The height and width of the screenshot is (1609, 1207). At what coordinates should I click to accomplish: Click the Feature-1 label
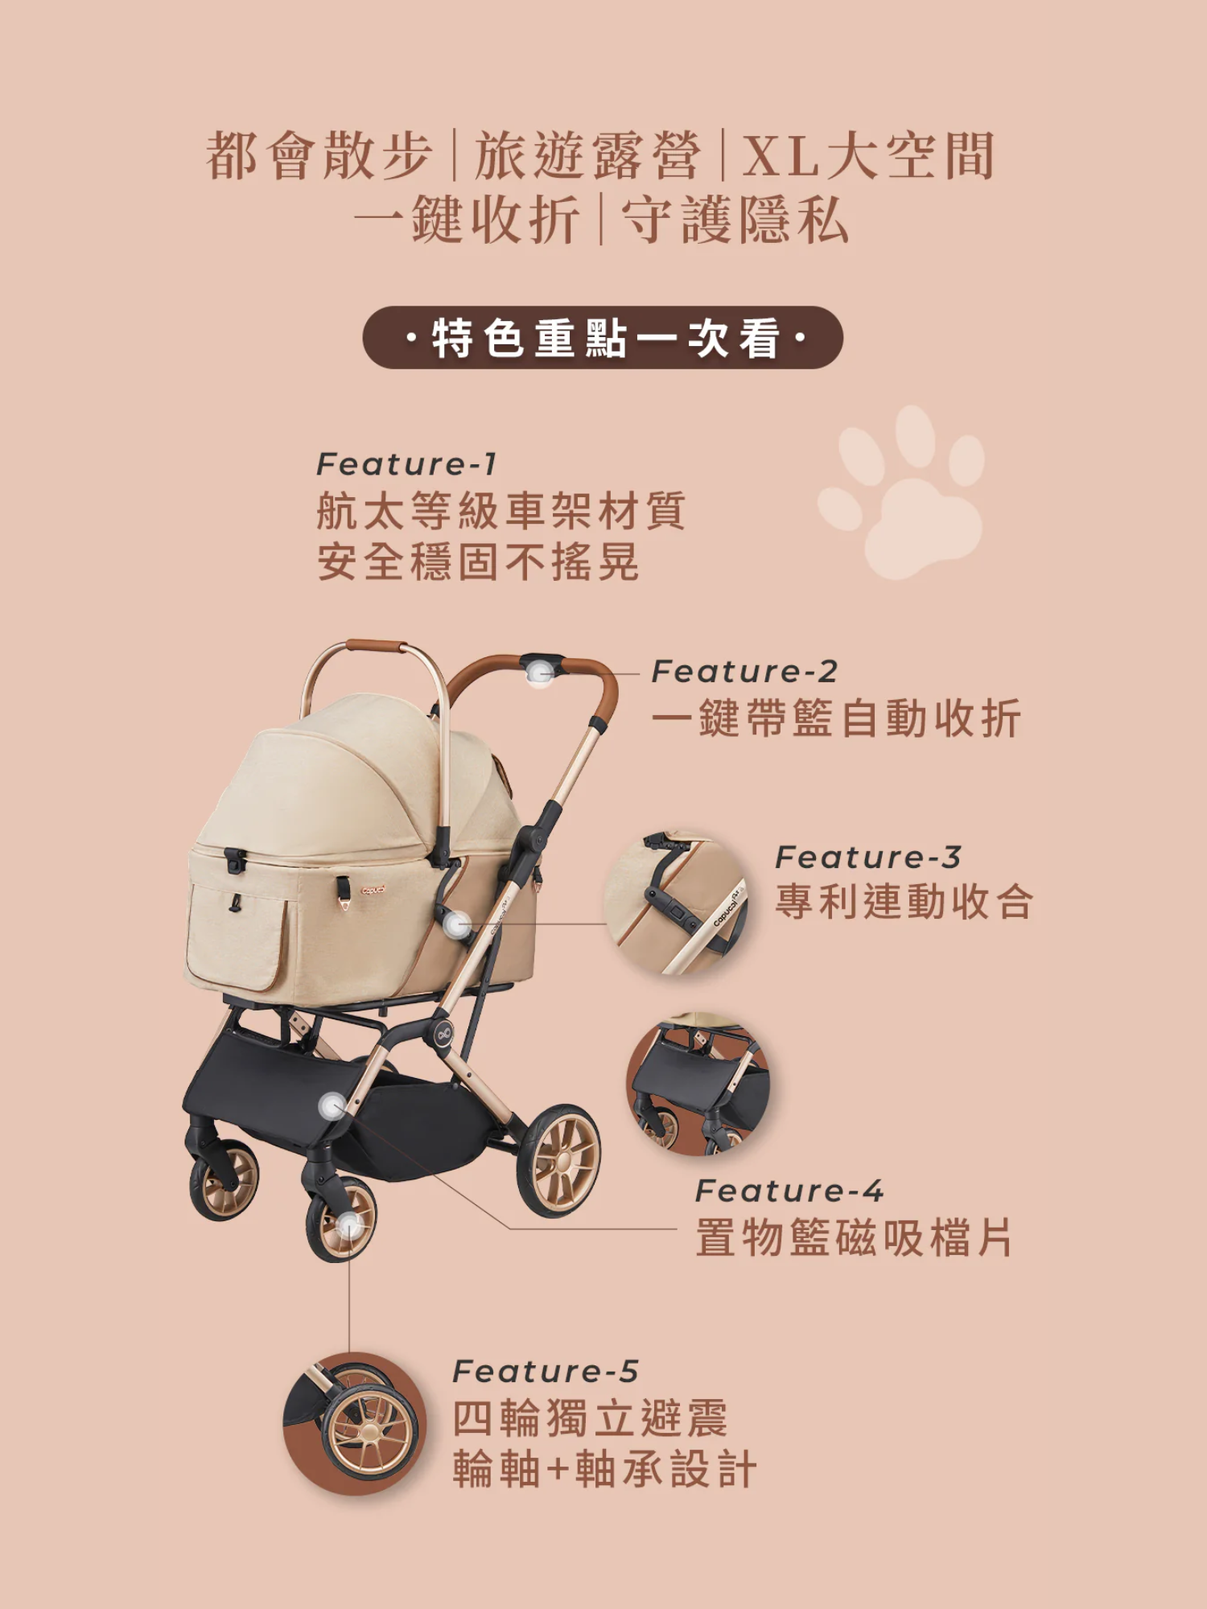click(x=406, y=464)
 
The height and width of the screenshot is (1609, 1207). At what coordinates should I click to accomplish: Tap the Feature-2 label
click(x=744, y=672)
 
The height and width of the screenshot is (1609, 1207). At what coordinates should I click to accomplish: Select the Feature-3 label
click(x=868, y=858)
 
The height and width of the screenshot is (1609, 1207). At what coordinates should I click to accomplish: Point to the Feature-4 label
click(x=789, y=1191)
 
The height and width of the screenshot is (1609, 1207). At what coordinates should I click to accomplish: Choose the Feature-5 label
click(x=546, y=1372)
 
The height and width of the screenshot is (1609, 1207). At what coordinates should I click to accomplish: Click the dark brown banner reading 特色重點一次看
click(x=603, y=338)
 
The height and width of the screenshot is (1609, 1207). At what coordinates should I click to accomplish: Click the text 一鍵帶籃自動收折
click(x=837, y=718)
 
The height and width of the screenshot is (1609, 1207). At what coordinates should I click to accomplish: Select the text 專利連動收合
click(x=904, y=902)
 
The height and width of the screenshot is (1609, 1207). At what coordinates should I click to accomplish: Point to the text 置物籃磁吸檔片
click(x=855, y=1237)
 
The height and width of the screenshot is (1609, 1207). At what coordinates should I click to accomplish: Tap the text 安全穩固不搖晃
click(x=479, y=562)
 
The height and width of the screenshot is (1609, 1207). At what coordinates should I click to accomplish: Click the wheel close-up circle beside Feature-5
click(x=355, y=1424)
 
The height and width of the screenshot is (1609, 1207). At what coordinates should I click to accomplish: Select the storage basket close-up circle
click(x=698, y=1084)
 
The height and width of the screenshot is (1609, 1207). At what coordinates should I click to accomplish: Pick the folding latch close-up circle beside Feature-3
click(x=676, y=903)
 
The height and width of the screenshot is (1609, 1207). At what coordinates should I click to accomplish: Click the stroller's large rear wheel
click(x=559, y=1160)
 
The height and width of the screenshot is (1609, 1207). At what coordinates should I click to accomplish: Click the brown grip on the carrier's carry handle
click(x=375, y=646)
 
